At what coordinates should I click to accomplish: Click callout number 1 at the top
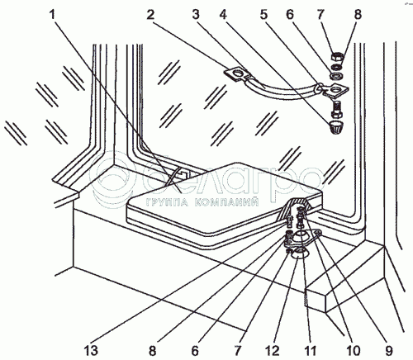click(52, 14)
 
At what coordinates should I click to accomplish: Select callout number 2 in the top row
click(150, 14)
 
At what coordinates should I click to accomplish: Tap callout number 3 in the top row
click(196, 14)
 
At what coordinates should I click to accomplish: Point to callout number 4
click(223, 14)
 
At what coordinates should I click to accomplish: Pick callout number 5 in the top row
click(263, 14)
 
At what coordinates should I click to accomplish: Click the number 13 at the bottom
click(91, 351)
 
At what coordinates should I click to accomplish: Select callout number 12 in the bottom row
click(273, 351)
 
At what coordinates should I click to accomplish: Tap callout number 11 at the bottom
click(311, 351)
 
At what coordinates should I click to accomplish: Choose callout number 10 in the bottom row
click(353, 351)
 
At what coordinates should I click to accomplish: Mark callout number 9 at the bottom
click(388, 351)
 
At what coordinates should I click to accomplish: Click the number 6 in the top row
click(290, 14)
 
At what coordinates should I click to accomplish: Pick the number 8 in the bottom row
click(152, 351)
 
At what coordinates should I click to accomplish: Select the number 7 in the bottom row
click(238, 351)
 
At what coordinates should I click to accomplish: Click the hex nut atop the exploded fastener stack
click(337, 58)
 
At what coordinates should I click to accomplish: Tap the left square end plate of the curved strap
click(237, 74)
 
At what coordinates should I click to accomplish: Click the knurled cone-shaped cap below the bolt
click(336, 127)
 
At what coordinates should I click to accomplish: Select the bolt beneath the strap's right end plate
click(336, 108)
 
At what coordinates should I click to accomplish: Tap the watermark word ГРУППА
click(167, 202)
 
